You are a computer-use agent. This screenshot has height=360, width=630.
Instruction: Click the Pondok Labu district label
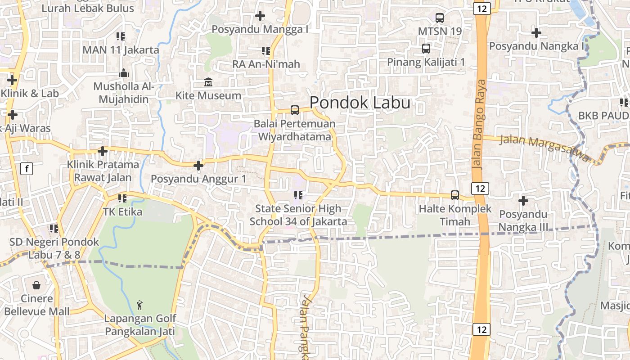coord(360,103)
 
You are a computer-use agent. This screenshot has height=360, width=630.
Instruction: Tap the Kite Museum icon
coord(208,82)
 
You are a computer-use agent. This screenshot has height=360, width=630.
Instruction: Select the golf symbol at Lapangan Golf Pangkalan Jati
coord(140,305)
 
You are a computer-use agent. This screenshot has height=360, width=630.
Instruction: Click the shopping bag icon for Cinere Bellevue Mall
coord(36,285)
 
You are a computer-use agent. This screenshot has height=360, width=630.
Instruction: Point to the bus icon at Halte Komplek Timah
coord(455,195)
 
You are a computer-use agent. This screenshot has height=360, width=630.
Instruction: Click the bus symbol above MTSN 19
coord(440,18)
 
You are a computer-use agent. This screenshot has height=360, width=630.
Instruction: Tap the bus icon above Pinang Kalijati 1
coord(426,49)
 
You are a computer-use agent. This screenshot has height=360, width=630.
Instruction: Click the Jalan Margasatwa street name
coord(544,148)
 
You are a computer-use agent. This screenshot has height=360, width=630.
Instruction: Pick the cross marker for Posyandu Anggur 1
coord(198,166)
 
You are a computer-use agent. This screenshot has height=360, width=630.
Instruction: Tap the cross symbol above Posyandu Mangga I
coord(260,16)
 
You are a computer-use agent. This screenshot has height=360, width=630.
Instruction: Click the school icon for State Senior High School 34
coord(298,195)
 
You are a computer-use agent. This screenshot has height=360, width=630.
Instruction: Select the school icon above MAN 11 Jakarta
coord(120,36)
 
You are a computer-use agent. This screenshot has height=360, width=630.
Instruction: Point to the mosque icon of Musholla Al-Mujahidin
coord(124,73)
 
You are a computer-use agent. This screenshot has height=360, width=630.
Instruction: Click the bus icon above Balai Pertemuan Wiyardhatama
coord(295,110)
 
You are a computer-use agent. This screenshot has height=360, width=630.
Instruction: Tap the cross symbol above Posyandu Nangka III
coord(523,201)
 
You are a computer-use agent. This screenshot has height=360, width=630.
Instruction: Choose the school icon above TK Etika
coord(122,198)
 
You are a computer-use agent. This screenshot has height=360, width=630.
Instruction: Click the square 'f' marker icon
coord(27,169)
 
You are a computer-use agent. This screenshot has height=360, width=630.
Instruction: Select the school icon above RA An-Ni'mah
coord(266,51)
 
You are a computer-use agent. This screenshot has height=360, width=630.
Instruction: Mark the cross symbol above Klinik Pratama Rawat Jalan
coord(103,151)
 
